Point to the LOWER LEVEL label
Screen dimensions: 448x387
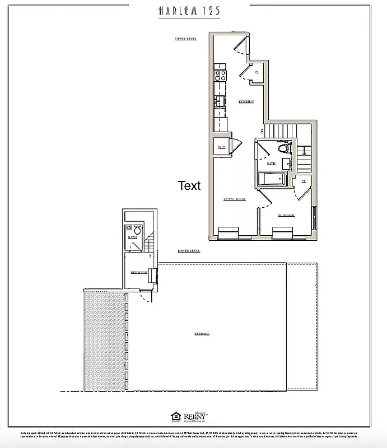(x=189, y=251)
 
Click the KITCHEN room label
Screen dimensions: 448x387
(x=246, y=101)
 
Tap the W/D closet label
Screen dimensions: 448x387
(x=222, y=147)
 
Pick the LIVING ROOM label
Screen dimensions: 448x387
(x=235, y=199)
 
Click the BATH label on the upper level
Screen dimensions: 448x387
(x=271, y=164)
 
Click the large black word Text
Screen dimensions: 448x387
(x=189, y=186)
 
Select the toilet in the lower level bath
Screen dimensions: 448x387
(x=137, y=229)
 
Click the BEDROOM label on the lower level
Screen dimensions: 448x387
(x=139, y=272)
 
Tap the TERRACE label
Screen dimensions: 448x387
(x=202, y=334)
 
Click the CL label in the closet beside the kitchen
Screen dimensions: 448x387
(x=257, y=72)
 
